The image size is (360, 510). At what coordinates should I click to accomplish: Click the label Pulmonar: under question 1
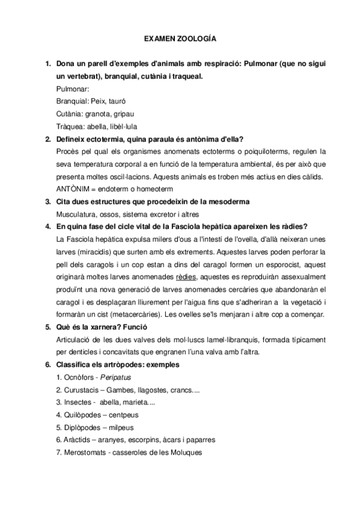[72, 88]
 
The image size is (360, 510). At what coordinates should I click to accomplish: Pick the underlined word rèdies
[185, 277]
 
